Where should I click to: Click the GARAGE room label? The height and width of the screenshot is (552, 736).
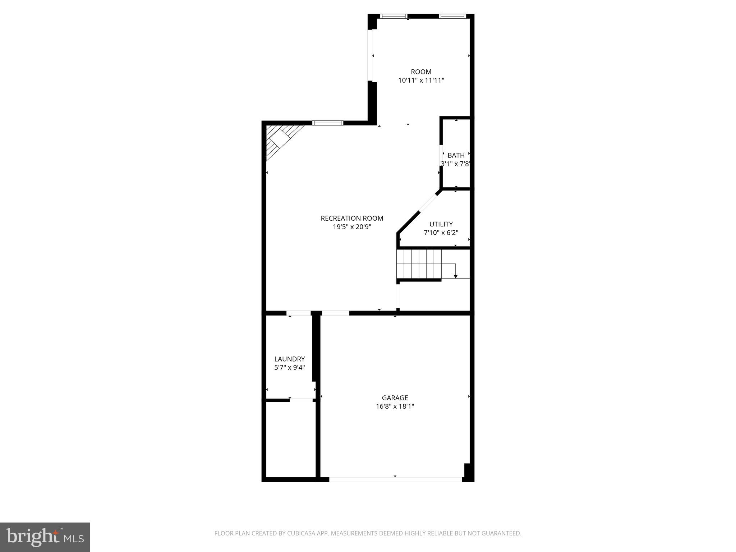pyautogui.click(x=395, y=397)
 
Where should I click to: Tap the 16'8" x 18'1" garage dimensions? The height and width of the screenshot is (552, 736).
pyautogui.click(x=395, y=406)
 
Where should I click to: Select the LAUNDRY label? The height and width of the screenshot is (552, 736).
pyautogui.click(x=289, y=359)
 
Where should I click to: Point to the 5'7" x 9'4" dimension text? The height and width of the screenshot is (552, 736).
pyautogui.click(x=289, y=367)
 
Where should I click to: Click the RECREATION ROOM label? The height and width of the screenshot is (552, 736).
pyautogui.click(x=352, y=218)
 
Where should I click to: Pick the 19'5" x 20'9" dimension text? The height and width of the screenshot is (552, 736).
pyautogui.click(x=352, y=227)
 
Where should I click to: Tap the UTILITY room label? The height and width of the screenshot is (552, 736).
pyautogui.click(x=441, y=224)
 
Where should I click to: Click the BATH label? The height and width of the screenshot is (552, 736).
pyautogui.click(x=456, y=155)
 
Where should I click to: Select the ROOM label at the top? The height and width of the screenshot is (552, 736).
pyautogui.click(x=421, y=72)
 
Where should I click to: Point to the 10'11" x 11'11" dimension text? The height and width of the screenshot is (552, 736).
pyautogui.click(x=421, y=80)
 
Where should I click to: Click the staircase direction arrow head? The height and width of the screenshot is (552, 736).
pyautogui.click(x=455, y=276)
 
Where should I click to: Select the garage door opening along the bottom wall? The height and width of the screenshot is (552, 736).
pyautogui.click(x=395, y=479)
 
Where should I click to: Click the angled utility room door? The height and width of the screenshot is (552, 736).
pyautogui.click(x=428, y=203)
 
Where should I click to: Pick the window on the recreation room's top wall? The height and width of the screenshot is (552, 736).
pyautogui.click(x=327, y=123)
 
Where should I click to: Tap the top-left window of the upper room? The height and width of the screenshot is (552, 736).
pyautogui.click(x=394, y=16)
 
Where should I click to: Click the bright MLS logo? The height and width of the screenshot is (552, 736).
pyautogui.click(x=45, y=537)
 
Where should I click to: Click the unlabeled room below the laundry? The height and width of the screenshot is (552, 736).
pyautogui.click(x=290, y=439)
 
